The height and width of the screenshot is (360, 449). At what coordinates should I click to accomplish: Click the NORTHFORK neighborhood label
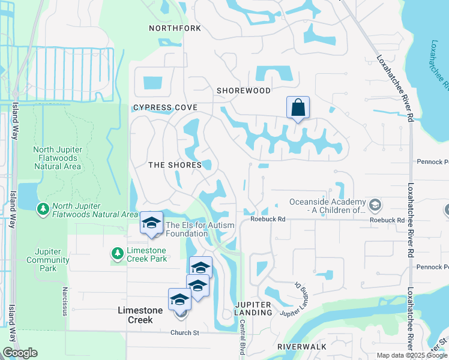tap(174, 28)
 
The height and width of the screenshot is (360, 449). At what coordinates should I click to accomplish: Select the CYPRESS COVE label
tap(165, 108)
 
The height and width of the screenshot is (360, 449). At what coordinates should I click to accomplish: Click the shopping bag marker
tap(298, 108)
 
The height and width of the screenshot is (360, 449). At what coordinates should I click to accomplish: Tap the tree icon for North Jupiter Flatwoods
tap(43, 209)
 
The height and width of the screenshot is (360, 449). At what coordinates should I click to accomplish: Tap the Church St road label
tap(184, 332)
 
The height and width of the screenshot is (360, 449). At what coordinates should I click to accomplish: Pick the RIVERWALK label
tap(302, 347)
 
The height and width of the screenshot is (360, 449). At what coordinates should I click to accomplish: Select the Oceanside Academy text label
tap(328, 206)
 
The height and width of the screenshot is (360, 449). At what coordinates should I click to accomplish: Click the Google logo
tap(20, 353)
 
